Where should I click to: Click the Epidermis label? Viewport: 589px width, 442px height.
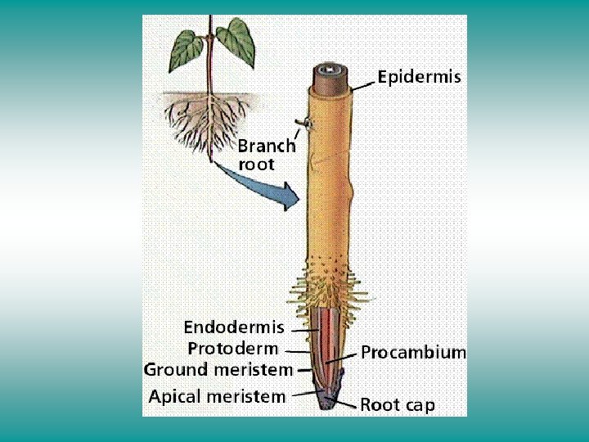tap(420, 78)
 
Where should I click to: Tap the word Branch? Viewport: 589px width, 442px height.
tap(267, 147)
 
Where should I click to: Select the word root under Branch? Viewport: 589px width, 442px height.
tap(256, 164)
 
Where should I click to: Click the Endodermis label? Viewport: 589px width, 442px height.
tap(234, 327)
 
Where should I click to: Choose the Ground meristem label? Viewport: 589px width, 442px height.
tap(218, 370)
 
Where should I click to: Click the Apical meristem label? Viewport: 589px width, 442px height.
tap(217, 397)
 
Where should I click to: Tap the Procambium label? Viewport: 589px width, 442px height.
tap(414, 353)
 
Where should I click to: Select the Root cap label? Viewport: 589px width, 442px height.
tap(398, 404)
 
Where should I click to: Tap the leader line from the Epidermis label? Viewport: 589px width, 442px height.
tap(364, 83)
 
